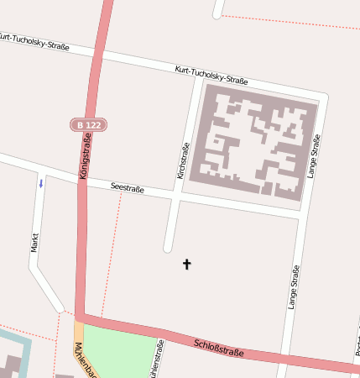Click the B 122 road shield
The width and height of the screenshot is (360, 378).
(x=87, y=124)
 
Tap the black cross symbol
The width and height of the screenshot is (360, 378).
(x=186, y=265)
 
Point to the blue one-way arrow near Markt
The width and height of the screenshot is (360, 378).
(x=39, y=183)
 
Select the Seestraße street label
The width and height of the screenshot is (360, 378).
(x=128, y=189)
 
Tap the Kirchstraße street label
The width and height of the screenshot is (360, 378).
(x=183, y=160)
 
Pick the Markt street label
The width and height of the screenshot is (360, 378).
(x=35, y=242)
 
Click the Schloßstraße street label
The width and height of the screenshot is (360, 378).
(x=218, y=347)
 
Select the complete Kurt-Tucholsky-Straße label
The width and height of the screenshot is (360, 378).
(x=211, y=76)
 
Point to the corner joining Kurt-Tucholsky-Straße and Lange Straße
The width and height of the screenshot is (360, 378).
(x=322, y=95)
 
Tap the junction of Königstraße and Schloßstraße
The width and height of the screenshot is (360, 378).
(x=80, y=317)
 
